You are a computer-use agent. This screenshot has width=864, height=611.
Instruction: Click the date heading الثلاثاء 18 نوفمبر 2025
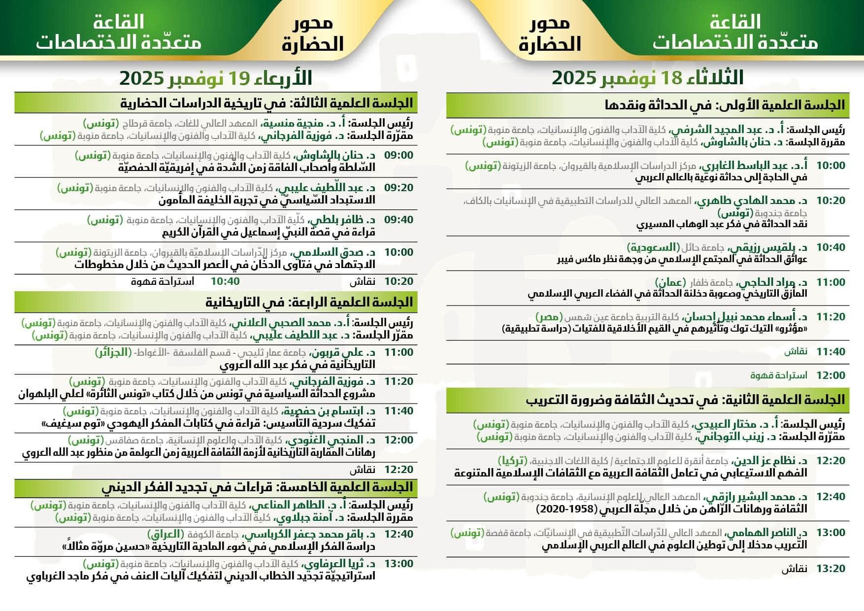[x=647, y=78]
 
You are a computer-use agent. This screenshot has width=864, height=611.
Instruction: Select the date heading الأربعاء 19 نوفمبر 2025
[x=216, y=78]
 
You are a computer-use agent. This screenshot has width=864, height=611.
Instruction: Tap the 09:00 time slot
[x=399, y=155]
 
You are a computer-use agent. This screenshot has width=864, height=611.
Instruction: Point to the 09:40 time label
[x=399, y=220]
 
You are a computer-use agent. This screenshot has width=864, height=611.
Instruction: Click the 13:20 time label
[x=831, y=569]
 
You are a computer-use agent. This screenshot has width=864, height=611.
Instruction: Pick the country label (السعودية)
[x=653, y=247]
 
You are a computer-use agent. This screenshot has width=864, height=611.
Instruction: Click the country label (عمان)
[x=670, y=282]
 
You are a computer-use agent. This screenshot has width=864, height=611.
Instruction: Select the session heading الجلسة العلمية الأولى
[x=724, y=104]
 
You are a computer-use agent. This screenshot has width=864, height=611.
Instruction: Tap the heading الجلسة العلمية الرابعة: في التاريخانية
[x=309, y=302]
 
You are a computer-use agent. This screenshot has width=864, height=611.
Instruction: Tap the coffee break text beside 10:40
[x=163, y=281]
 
